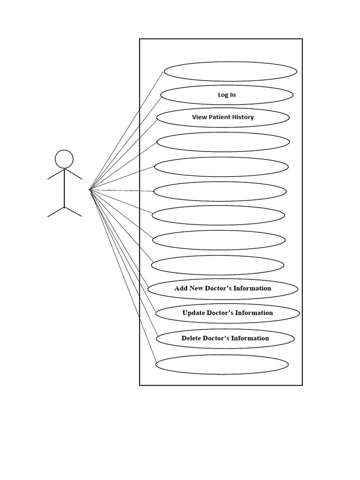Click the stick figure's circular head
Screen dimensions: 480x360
pos(64,159)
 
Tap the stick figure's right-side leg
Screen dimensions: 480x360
pos(73,211)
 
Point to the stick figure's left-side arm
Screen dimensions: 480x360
pos(55,174)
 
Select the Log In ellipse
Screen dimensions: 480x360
pos(227,95)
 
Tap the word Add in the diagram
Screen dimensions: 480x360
pos(181,288)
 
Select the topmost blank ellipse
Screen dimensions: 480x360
pos(230,72)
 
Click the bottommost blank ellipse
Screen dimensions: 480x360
pos(222,365)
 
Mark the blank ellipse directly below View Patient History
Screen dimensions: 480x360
pos(223,142)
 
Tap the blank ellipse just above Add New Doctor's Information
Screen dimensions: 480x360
pos(217,265)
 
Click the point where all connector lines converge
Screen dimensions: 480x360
pos(90,190)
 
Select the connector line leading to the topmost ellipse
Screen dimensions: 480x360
pos(127,130)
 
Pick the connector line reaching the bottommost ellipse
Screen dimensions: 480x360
pos(123,276)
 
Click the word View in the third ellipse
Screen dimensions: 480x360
pos(199,117)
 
